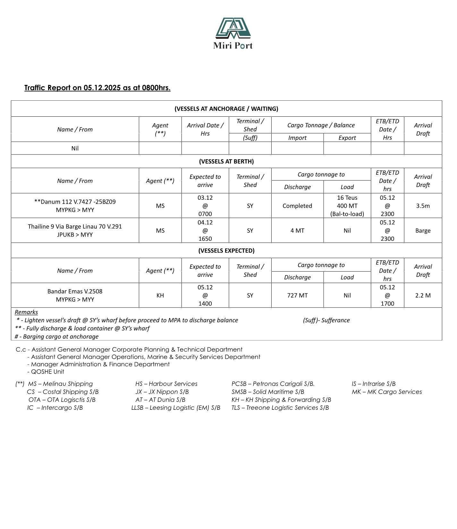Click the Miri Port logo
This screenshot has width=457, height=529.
click(x=233, y=33)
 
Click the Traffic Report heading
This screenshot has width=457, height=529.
click(x=97, y=88)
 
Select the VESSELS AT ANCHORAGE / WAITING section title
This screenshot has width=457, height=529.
click(x=226, y=109)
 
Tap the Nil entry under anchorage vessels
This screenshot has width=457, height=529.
click(x=75, y=148)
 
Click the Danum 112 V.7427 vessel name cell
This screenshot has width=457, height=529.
click(x=75, y=206)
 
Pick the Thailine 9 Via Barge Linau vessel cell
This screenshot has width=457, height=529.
click(x=75, y=230)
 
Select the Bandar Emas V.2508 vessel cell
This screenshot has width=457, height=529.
click(x=75, y=295)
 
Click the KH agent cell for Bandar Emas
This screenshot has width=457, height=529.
click(x=160, y=295)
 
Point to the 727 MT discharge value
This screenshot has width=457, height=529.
click(x=297, y=295)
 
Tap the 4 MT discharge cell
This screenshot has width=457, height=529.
click(x=297, y=231)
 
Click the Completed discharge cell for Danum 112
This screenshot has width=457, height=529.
click(x=297, y=206)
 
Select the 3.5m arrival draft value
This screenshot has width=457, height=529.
click(x=423, y=206)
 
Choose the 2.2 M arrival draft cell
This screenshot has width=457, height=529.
click(x=423, y=295)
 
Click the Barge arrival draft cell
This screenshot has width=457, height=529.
click(x=423, y=231)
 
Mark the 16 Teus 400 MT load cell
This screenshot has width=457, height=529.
click(x=347, y=206)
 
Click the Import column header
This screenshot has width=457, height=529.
click(x=297, y=138)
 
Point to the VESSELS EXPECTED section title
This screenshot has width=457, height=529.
click(x=226, y=250)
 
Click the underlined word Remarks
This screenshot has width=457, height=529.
click(x=26, y=312)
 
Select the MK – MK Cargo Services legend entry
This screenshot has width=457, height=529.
click(x=386, y=392)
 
